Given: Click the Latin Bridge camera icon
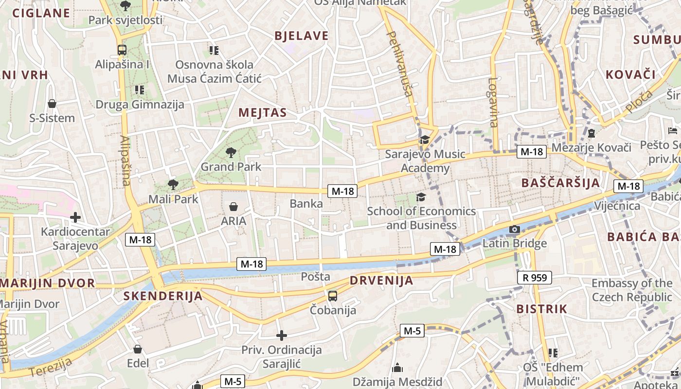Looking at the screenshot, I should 514,229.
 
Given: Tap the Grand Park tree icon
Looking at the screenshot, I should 231,153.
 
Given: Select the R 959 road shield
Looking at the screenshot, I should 535,278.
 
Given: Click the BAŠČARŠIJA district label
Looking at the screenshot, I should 560,183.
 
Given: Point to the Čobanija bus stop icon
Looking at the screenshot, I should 333,296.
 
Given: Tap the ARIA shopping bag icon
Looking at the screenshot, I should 233,207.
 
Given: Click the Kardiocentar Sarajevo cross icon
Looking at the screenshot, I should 75,217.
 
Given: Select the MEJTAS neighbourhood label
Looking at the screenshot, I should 263,113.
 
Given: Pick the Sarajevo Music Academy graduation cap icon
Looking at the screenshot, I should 425,140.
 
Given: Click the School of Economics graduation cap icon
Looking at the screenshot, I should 421,197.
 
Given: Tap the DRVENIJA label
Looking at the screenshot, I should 381,281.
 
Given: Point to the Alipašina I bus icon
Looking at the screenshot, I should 122,50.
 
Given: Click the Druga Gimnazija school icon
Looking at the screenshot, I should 140,89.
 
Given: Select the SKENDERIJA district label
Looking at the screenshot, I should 162,296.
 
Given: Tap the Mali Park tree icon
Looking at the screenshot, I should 173,184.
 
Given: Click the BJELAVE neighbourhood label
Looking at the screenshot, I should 302,36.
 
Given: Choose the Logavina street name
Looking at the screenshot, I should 493,102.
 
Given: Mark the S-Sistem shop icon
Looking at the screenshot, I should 52,103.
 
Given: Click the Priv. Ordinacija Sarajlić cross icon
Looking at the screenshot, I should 281,336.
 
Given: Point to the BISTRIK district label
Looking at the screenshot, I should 541,309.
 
